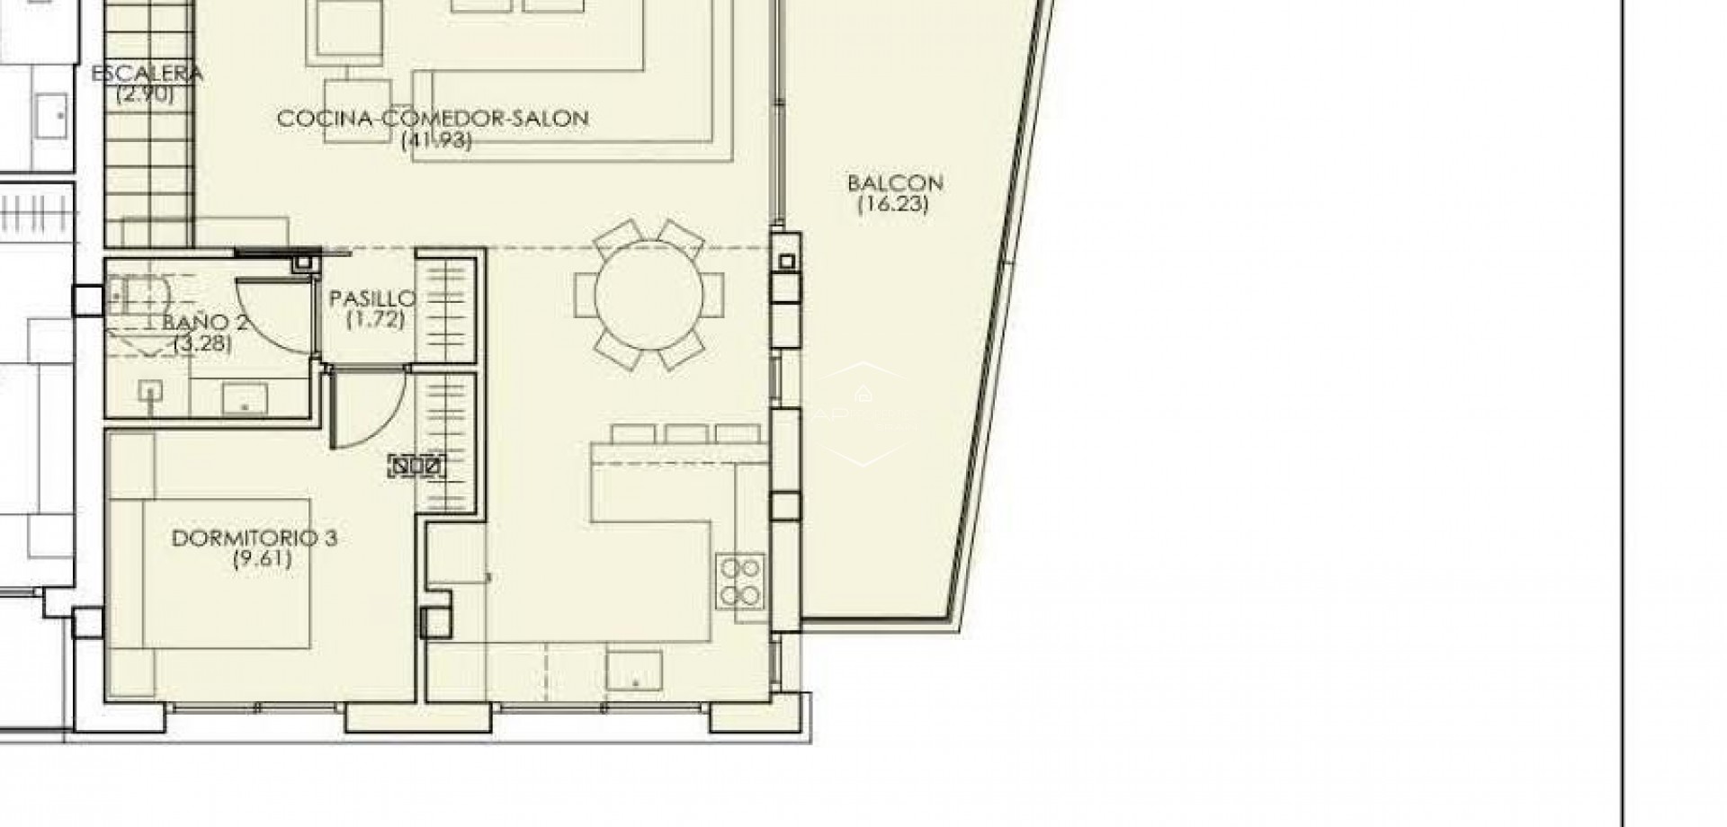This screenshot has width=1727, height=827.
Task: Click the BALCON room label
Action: [894, 183]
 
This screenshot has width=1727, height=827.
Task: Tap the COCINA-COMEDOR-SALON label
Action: [433, 119]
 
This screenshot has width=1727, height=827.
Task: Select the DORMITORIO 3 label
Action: [254, 538]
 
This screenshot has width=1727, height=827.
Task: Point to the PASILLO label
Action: [372, 298]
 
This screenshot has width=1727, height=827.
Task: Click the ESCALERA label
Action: [148, 74]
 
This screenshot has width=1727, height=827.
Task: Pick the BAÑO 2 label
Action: [205, 324]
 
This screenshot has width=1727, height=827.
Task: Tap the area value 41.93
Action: [437, 139]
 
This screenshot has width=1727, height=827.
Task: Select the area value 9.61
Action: [261, 559]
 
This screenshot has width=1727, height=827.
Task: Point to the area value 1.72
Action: [375, 319]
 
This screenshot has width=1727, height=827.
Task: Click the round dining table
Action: [649, 295]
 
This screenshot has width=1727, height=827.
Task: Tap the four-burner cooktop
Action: [740, 581]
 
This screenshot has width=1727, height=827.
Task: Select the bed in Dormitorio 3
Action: [225, 574]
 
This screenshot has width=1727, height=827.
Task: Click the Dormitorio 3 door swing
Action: [369, 409]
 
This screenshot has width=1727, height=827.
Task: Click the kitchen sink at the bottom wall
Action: [634, 670]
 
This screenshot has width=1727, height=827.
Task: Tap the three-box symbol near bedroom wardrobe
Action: [416, 467]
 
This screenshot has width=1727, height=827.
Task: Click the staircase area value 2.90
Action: [144, 93]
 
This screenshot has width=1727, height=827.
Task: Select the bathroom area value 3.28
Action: [202, 343]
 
